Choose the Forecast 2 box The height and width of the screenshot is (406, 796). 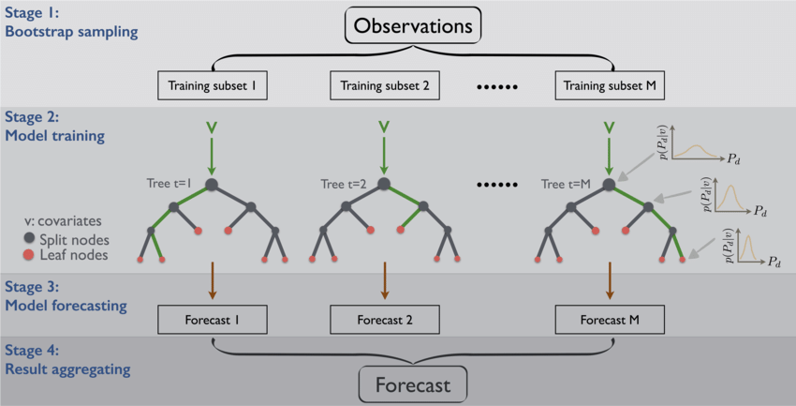tap(385, 320)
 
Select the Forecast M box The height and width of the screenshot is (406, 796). tap(610, 320)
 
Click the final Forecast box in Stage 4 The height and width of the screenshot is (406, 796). tap(412, 384)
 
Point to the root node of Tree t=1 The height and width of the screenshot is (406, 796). tap(212, 185)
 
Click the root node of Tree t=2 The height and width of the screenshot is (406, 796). tap(385, 185)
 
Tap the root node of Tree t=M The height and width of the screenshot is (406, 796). tap(610, 185)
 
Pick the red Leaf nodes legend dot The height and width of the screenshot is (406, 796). tap(31, 254)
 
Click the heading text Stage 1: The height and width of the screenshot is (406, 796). tap(31, 13)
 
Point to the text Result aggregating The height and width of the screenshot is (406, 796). tap(66, 368)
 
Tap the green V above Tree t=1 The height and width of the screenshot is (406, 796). tap(212, 126)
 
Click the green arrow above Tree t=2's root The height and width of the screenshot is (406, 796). tap(385, 155)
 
